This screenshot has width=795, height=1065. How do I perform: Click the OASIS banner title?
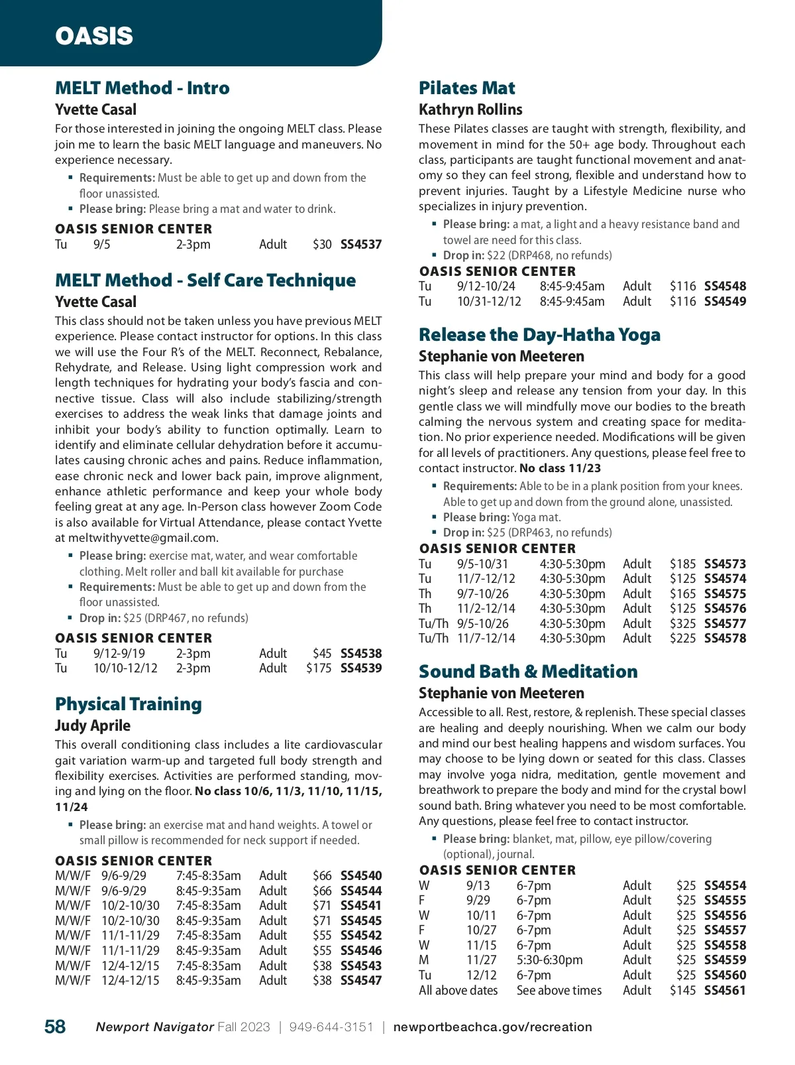(94, 36)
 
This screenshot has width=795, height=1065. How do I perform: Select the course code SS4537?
(361, 244)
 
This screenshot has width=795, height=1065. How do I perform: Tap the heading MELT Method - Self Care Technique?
(205, 281)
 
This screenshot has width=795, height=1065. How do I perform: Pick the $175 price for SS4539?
(319, 668)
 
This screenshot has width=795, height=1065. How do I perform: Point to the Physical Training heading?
(129, 704)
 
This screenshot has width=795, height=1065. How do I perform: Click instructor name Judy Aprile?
(93, 725)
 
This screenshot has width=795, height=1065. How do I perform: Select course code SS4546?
(361, 950)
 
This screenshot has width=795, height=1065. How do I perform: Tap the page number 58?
(55, 1027)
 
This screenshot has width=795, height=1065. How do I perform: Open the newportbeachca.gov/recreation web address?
(492, 1027)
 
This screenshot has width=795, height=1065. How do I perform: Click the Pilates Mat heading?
(467, 88)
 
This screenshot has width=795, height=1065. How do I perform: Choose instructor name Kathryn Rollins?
(470, 109)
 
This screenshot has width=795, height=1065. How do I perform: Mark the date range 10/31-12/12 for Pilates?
(489, 301)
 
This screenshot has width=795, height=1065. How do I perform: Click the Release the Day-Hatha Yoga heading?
(539, 335)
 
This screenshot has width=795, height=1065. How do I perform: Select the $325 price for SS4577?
(682, 623)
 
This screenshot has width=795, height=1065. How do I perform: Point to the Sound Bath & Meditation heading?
(528, 672)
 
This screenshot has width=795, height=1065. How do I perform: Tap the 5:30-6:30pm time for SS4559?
(549, 960)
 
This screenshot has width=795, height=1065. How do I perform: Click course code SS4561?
(725, 990)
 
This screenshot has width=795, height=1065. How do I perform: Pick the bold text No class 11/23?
(560, 468)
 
